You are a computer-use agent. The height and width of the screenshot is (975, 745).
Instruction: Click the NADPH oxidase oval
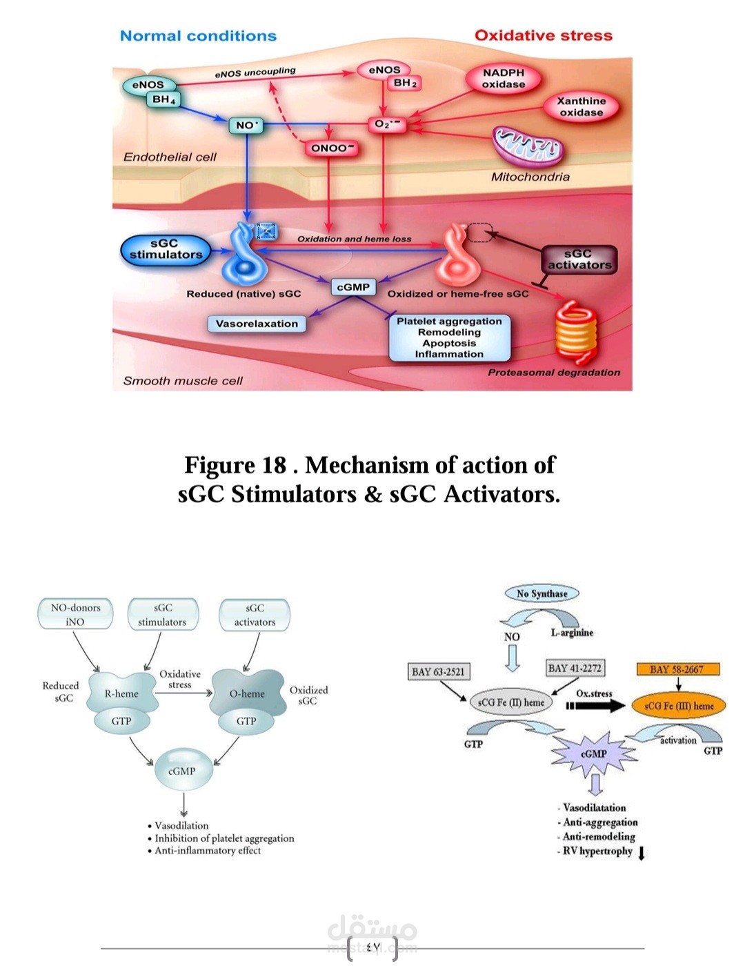coord(503,79)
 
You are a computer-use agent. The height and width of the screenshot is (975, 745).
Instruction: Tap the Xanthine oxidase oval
coord(581,106)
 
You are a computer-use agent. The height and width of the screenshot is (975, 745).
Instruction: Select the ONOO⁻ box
coord(332,148)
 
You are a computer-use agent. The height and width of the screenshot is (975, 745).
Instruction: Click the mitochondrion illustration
coord(527,146)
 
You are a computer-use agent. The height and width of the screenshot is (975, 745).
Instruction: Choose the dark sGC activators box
coord(578,259)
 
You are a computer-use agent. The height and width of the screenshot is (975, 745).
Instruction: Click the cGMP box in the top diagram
coord(353,287)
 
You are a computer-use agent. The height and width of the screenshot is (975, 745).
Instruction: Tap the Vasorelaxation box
coord(257,324)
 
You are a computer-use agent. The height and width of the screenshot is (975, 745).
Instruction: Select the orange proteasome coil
coord(575,332)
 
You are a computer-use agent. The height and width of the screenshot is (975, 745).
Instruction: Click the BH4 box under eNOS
coord(164,100)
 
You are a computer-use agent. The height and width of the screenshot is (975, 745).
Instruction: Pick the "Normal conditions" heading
coord(198,36)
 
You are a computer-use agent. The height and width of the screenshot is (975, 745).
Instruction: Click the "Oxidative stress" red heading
coord(543,36)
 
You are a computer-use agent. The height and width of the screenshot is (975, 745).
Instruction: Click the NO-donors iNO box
coord(75,615)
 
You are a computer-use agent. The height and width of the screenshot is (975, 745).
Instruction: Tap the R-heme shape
coord(121,693)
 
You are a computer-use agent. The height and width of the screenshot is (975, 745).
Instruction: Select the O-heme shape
coord(247,693)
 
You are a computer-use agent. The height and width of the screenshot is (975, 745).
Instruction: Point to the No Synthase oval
coord(542,593)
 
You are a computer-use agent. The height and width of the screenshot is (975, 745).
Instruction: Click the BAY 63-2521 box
coord(438,671)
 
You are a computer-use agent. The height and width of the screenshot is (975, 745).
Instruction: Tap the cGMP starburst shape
coord(593,754)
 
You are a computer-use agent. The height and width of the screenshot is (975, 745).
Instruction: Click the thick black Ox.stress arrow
coord(597,706)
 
